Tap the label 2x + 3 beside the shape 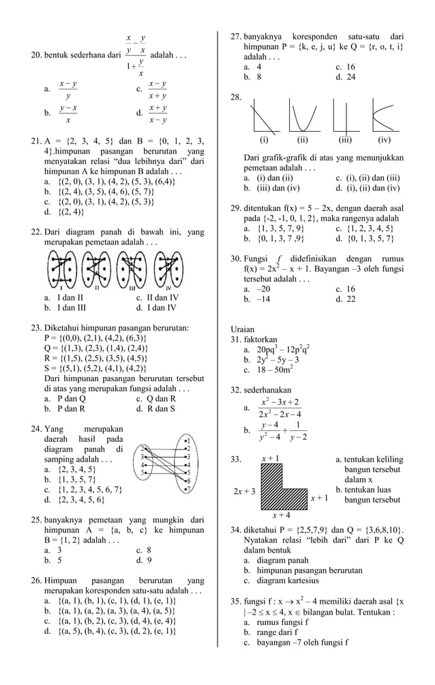244,491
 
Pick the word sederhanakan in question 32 267,390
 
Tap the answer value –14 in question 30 258,299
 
